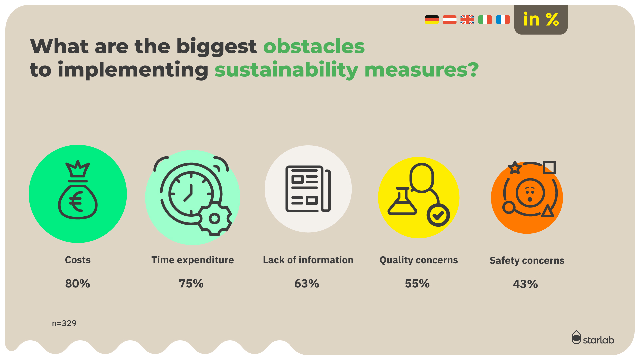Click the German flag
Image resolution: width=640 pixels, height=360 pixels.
[432, 20]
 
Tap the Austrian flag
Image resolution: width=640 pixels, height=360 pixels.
[449, 20]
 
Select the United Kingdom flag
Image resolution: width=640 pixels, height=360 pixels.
[467, 20]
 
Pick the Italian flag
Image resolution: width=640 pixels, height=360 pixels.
[485, 20]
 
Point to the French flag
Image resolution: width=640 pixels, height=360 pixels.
[503, 20]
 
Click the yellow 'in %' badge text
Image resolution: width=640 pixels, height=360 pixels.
[541, 19]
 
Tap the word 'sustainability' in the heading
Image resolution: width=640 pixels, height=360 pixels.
[287, 70]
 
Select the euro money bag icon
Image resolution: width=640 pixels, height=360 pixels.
[78, 190]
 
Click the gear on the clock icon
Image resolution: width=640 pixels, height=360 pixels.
[214, 219]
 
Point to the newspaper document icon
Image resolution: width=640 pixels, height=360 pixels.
[308, 189]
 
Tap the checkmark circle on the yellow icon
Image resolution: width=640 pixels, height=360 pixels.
[438, 215]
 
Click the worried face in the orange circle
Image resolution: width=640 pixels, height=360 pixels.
[530, 193]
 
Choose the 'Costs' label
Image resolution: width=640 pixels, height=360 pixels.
[78, 260]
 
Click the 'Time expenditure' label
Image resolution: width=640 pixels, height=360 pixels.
[193, 260]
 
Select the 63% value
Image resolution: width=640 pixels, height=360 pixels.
[307, 284]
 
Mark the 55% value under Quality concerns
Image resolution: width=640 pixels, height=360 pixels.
[417, 284]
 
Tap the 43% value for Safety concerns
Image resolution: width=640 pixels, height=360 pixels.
[525, 284]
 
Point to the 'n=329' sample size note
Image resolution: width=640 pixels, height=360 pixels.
[64, 323]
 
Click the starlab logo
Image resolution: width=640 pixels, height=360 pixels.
[593, 338]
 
